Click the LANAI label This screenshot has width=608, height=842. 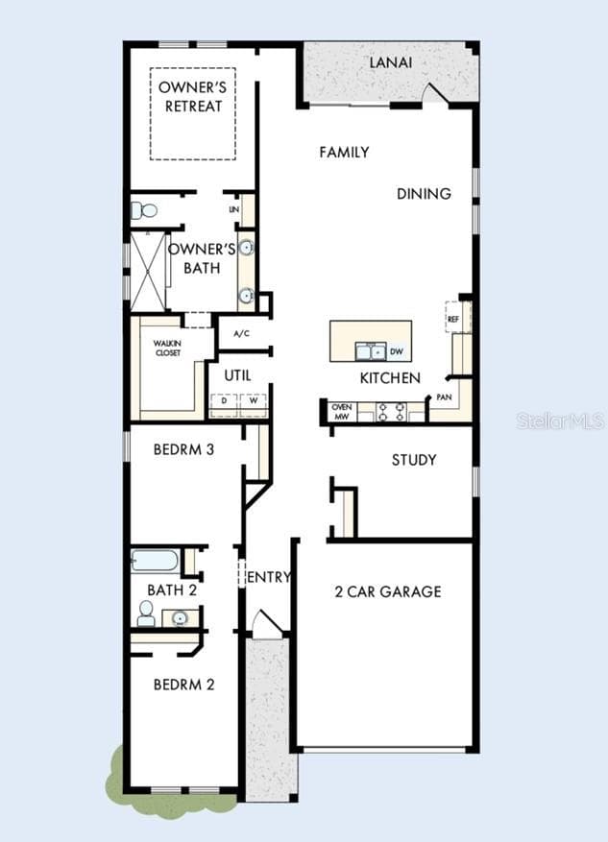click(391, 62)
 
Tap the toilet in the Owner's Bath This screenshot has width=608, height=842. click(143, 210)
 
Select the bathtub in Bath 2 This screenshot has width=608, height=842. click(154, 561)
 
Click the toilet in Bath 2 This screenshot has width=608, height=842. click(146, 613)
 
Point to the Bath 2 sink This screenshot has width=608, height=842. click(180, 618)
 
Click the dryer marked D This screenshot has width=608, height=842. click(224, 400)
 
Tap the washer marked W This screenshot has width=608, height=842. click(254, 400)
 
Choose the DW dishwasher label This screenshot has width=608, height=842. click(397, 351)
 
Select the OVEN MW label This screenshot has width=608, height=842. click(342, 412)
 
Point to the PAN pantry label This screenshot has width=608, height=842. click(444, 397)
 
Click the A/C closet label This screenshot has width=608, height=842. click(242, 334)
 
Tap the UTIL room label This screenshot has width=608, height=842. click(237, 375)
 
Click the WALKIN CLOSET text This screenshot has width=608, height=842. click(167, 348)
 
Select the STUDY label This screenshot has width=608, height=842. click(414, 460)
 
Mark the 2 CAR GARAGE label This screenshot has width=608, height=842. click(388, 591)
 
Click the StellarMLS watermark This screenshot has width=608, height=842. click(560, 421)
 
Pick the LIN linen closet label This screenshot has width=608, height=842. click(233, 209)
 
